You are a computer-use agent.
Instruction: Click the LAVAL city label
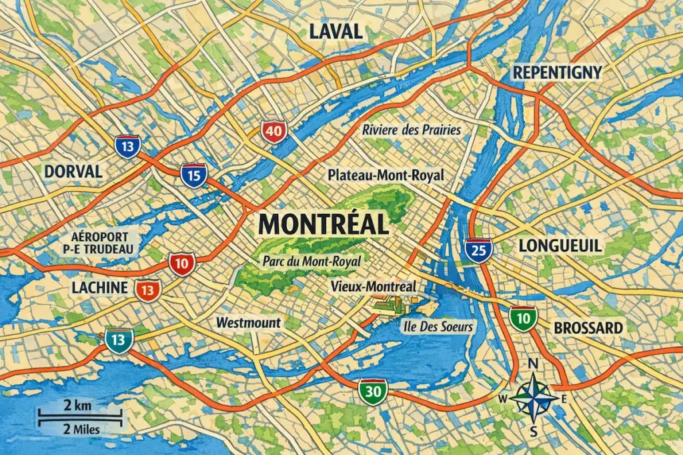point(335,31)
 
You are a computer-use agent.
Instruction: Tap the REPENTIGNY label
point(557,72)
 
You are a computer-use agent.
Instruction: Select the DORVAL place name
point(73,171)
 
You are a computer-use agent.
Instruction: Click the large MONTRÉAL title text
point(323,224)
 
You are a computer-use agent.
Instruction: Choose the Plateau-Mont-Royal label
point(386,175)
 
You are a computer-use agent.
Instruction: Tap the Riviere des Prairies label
point(412,129)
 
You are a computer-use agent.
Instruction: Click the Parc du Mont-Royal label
point(309,261)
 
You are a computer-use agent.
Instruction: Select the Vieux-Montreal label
point(374,286)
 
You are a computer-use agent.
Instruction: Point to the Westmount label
point(249,322)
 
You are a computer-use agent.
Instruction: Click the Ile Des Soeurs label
point(438,326)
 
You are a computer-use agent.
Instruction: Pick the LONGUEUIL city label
point(560,246)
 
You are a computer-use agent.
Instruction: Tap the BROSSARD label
point(588,328)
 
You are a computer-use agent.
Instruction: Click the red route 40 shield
point(273,131)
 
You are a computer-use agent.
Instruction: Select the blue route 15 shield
point(193,175)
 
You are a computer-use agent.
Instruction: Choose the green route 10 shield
point(524,318)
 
